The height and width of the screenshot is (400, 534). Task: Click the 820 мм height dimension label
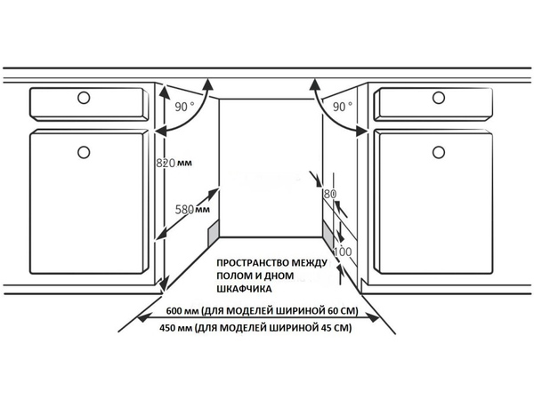point(174,163)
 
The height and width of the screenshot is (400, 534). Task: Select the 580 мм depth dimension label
point(192,209)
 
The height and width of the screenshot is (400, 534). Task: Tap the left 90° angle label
point(184,107)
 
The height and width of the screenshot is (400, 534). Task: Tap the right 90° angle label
point(343,107)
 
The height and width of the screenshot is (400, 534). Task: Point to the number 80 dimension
point(329,194)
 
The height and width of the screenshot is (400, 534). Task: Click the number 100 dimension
point(343,252)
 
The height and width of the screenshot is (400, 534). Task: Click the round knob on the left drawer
point(84,98)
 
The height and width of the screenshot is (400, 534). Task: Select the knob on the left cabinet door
point(84,152)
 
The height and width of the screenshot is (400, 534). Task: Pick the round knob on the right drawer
point(439,98)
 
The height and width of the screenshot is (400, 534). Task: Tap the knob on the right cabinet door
point(439,152)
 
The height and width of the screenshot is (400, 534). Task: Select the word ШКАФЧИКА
point(244,289)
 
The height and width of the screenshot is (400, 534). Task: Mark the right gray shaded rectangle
point(328,233)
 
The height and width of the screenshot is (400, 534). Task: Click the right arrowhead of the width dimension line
point(375,318)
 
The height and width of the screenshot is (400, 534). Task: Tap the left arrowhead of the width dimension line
point(142,318)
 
